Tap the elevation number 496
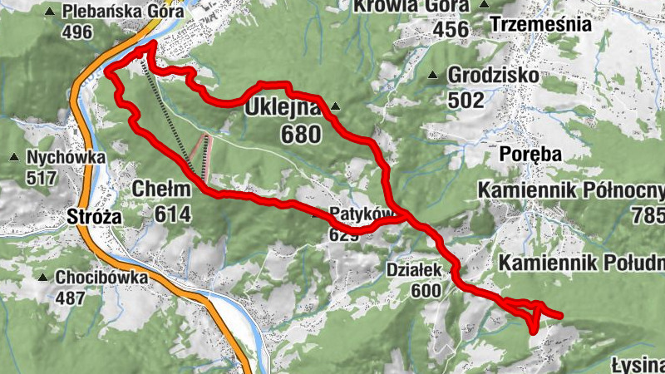click(76, 32)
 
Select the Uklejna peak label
click(282, 108)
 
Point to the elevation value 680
click(300, 134)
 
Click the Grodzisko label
click(494, 76)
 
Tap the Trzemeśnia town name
click(541, 24)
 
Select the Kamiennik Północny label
click(571, 191)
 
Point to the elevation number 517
click(41, 177)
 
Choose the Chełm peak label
click(161, 189)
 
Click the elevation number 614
click(172, 214)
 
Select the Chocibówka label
click(102, 278)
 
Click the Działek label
click(412, 269)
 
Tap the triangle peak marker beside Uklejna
click(335, 106)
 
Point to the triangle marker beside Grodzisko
click(432, 76)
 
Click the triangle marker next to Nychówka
click(14, 158)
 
